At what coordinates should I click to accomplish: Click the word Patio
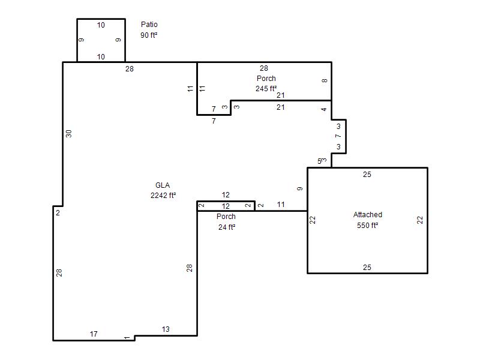point(149,25)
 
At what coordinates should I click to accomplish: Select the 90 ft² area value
point(149,35)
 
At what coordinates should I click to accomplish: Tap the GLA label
point(163,185)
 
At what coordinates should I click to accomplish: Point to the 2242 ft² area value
point(163,196)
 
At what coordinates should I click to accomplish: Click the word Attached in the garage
point(368,215)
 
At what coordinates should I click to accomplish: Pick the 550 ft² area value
point(367,226)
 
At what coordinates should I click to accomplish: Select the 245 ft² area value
point(266,88)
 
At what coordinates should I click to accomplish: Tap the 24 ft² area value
point(227,227)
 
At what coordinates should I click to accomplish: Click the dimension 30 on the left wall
point(68,134)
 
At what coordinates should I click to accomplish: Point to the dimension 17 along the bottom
point(94,334)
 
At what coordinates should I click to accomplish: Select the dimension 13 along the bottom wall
point(166,329)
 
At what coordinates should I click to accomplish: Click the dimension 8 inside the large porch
point(325,80)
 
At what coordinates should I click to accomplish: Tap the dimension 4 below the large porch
point(324,109)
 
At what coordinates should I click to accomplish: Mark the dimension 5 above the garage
point(319,161)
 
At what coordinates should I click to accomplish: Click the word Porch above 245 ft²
point(266,79)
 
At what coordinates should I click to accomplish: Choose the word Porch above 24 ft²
point(226,217)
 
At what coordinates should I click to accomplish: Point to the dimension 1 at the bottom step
point(127,338)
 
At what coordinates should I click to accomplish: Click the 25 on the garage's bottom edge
point(367,267)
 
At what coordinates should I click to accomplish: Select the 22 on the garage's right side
point(420,220)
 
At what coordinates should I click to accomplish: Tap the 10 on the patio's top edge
point(101,25)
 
